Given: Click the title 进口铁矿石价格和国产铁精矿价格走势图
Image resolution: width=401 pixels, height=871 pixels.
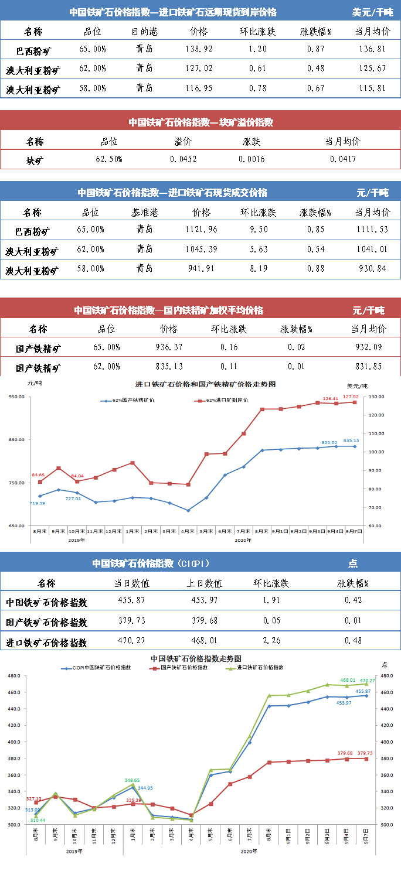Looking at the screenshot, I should (x=205, y=385).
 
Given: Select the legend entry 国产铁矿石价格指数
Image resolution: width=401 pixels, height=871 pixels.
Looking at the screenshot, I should (x=180, y=667).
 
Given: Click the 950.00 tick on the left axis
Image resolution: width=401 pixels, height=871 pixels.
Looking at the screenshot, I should (x=16, y=397).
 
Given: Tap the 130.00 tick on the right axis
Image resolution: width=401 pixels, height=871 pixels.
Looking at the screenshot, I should (x=377, y=397).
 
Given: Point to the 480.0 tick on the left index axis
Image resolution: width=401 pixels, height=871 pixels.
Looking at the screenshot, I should (x=13, y=676).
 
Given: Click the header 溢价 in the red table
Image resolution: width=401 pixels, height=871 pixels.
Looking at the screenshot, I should (x=183, y=141).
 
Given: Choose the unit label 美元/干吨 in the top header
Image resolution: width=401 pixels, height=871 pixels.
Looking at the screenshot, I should (x=372, y=12).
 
